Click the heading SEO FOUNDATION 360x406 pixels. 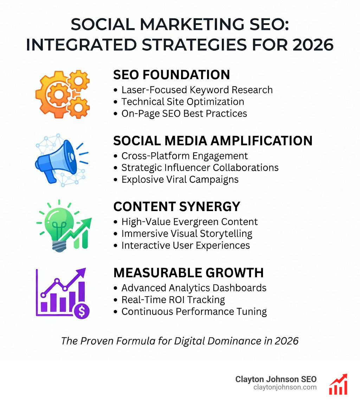172,75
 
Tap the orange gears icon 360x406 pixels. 63,94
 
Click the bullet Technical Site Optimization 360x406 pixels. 183,102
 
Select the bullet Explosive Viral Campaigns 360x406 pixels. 180,179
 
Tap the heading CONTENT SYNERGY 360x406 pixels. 177,207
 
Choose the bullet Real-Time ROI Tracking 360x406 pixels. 173,299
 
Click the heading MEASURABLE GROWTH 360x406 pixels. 188,273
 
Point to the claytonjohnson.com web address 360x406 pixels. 285,387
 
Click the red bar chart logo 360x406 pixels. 338,384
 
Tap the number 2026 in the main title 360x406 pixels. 313,45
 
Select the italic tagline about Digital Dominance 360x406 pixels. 180,341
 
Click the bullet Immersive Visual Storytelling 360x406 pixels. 187,233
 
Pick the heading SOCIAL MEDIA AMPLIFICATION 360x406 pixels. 213,141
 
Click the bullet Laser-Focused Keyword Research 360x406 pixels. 197,90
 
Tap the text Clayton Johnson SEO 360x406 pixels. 276,379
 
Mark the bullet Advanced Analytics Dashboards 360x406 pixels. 194,288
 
